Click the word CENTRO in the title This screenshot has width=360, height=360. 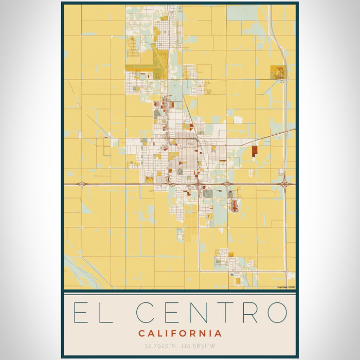click(x=211, y=312)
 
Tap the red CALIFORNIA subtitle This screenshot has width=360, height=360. click(x=180, y=333)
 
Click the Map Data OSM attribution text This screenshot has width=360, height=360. click(x=285, y=287)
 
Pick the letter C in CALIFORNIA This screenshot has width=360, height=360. click(x=141, y=333)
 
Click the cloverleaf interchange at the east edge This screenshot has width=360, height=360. click(x=285, y=183)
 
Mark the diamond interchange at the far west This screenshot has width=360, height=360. click(x=81, y=184)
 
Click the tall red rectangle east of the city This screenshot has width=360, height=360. click(x=255, y=151)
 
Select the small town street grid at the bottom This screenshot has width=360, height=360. click(x=231, y=265)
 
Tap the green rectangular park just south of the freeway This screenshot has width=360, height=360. click(x=208, y=194)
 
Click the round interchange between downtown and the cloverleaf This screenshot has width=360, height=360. click(x=226, y=184)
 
